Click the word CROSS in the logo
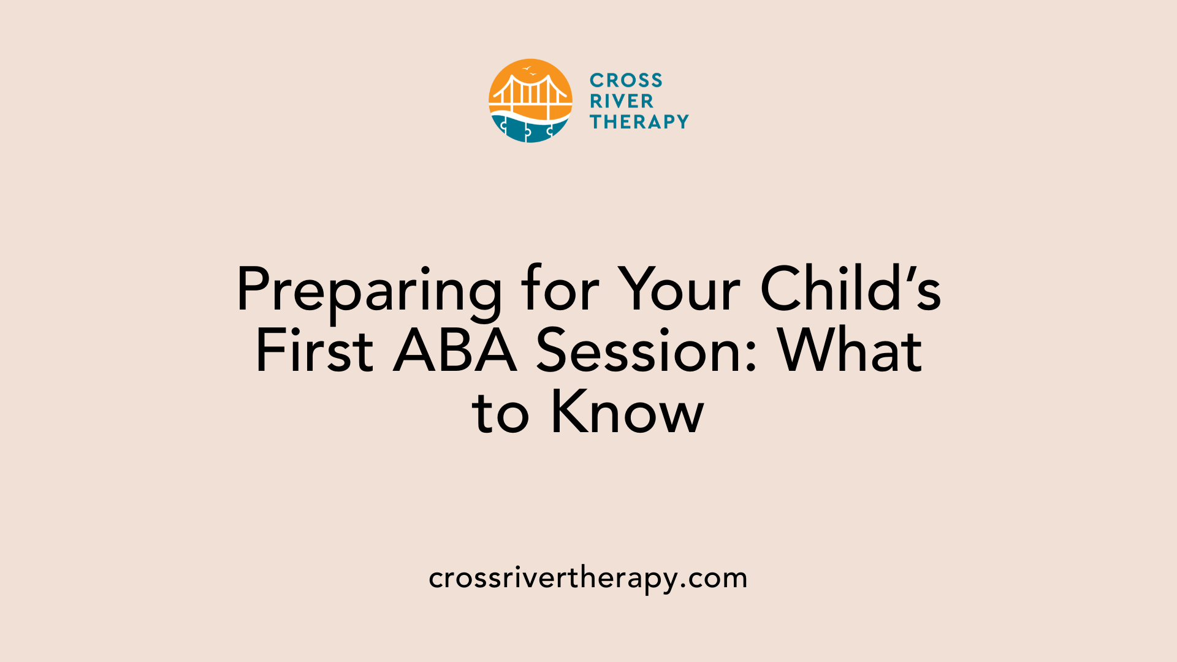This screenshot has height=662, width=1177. [x=626, y=80]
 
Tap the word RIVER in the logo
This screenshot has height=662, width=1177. [x=622, y=101]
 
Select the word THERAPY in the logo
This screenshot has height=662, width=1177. [x=639, y=122]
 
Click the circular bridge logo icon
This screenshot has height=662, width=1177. [x=530, y=101]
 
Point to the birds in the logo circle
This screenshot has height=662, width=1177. [x=529, y=70]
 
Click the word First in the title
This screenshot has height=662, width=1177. [x=314, y=351]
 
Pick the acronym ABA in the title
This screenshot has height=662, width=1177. [x=455, y=351]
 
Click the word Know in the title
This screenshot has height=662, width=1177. [x=628, y=412]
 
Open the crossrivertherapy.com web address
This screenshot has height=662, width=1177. [x=588, y=578]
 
